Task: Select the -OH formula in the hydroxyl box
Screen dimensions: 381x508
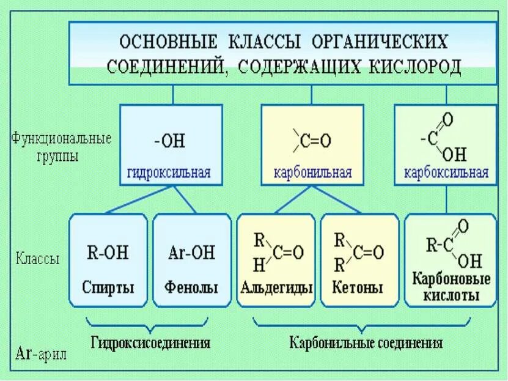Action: (169, 142)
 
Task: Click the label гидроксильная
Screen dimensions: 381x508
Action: (169, 172)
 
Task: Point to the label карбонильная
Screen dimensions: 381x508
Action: (312, 172)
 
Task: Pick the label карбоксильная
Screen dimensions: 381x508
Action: (446, 172)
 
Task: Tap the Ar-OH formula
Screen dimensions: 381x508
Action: (191, 252)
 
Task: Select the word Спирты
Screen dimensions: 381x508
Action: (108, 287)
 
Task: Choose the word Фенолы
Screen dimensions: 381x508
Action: (191, 287)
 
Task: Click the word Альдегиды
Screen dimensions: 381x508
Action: (278, 287)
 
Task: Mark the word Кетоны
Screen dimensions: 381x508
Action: (358, 287)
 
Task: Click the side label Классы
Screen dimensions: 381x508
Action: (38, 259)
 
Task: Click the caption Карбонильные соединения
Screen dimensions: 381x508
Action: (366, 342)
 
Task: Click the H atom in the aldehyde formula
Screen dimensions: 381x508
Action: (259, 265)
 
